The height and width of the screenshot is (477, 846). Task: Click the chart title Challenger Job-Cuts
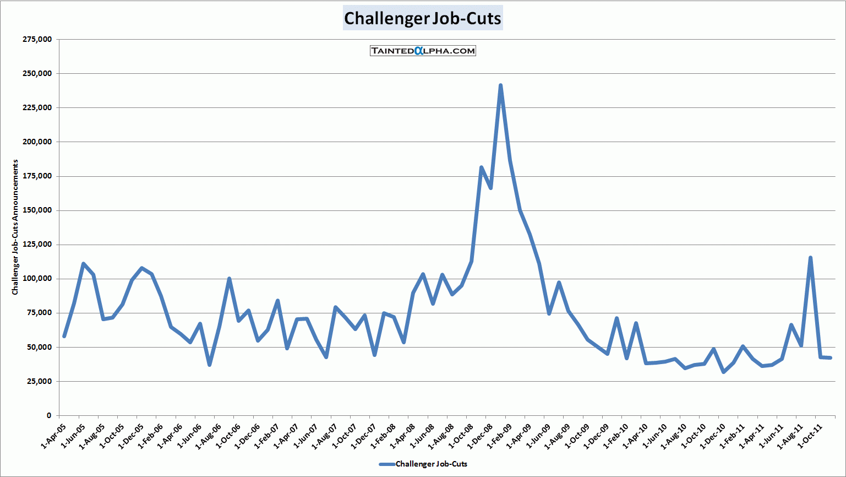pos(422,18)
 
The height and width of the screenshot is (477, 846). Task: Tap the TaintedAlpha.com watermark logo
pos(423,51)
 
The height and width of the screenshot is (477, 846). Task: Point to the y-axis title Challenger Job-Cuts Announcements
pos(15,227)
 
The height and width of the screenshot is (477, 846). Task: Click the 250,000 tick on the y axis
pos(37,73)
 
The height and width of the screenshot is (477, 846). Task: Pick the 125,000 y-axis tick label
pos(37,245)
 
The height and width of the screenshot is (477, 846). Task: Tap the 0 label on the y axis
pos(49,416)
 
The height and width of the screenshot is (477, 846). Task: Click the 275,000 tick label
pos(37,39)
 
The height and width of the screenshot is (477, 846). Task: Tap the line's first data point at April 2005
pos(64,336)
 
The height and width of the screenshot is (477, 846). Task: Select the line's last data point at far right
pos(830,358)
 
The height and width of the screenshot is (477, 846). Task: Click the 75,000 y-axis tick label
pos(39,313)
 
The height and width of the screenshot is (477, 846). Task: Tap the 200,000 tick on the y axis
pos(37,142)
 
